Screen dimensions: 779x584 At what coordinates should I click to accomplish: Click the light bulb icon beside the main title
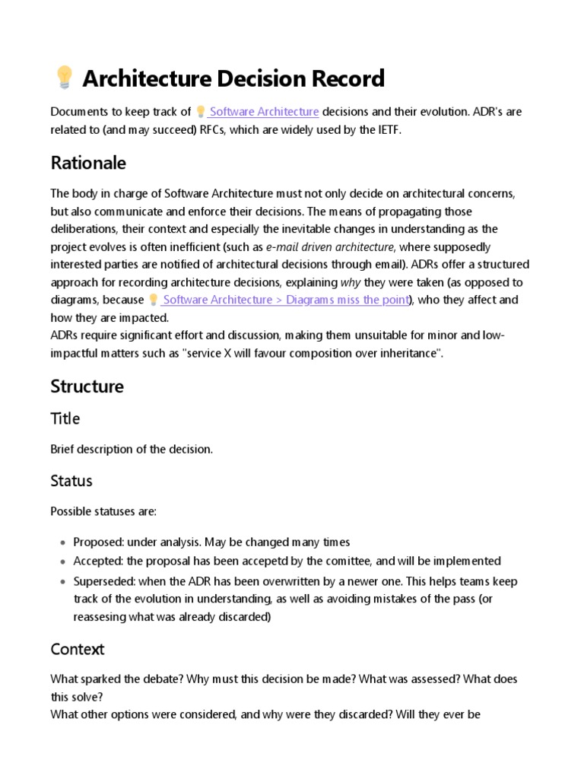(64, 78)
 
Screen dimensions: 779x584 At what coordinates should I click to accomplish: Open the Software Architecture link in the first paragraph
(263, 112)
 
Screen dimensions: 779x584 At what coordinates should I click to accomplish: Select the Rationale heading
(88, 163)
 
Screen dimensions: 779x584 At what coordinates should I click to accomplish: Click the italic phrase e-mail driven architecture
(331, 246)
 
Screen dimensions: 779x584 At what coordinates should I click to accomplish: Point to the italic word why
(350, 282)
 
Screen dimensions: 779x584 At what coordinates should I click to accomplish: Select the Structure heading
(87, 386)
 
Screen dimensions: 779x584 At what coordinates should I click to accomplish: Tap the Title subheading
(65, 418)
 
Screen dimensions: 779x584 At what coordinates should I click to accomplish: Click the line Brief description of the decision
(132, 449)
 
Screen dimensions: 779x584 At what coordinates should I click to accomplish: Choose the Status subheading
(71, 481)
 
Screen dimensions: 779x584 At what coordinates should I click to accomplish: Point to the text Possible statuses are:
(103, 511)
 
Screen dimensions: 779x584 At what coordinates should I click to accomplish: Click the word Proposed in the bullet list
(98, 542)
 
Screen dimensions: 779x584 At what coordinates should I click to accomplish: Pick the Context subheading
(77, 649)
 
